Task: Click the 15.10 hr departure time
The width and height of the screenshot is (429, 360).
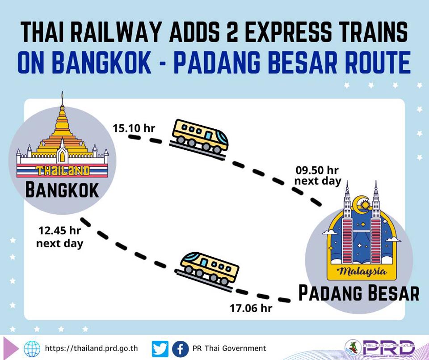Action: [134, 128]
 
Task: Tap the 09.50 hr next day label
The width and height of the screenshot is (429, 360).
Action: [318, 176]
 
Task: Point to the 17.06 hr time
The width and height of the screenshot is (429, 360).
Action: [251, 309]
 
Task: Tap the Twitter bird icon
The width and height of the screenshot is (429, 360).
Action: [160, 349]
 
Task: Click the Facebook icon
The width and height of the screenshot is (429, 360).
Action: [180, 349]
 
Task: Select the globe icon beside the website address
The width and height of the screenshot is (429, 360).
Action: [32, 349]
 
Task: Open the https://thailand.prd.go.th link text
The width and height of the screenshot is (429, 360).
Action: [91, 348]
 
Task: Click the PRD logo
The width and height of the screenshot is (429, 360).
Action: [380, 348]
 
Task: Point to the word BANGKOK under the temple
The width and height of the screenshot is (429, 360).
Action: [62, 190]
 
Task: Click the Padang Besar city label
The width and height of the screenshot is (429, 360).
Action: [358, 293]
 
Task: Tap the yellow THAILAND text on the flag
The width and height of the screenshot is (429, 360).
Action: [63, 171]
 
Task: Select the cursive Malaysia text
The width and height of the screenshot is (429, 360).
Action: [362, 271]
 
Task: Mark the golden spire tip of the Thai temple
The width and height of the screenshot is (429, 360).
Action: [63, 92]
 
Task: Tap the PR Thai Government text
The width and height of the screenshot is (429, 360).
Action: [229, 348]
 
